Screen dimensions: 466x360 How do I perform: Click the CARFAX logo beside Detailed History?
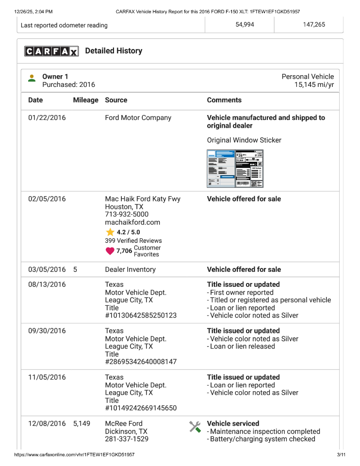click(51, 51)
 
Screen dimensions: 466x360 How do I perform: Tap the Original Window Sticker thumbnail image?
click(235, 168)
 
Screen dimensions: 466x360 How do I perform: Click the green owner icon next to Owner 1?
click(32, 78)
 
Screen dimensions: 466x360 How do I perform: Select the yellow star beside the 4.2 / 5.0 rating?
click(110, 232)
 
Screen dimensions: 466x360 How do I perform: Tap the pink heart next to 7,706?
click(110, 251)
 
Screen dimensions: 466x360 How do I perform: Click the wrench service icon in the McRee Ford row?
click(195, 427)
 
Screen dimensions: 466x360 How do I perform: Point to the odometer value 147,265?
click(314, 25)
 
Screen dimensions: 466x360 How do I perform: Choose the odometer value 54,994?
click(245, 25)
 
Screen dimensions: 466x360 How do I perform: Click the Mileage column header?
click(85, 100)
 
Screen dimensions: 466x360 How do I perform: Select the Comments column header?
click(224, 100)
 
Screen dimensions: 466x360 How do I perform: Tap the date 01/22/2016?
click(47, 117)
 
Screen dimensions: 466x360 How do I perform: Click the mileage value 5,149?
click(82, 423)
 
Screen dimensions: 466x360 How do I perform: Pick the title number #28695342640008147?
click(141, 362)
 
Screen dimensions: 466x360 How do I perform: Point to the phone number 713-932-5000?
click(127, 214)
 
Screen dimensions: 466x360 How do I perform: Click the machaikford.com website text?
click(132, 222)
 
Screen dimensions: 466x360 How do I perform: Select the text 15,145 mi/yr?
click(314, 84)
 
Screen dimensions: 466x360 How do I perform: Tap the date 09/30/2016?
click(47, 331)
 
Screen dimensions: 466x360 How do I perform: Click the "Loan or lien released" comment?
click(242, 346)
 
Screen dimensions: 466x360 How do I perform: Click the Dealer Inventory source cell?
click(130, 269)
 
